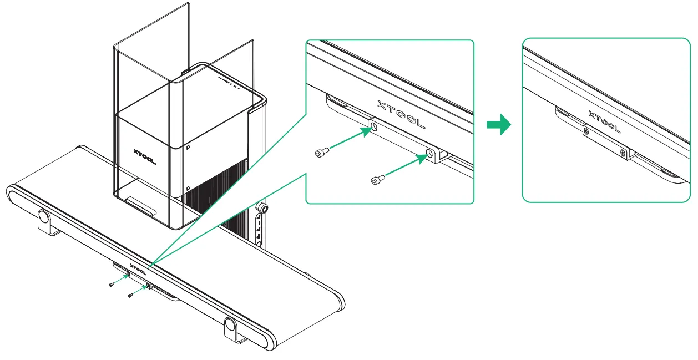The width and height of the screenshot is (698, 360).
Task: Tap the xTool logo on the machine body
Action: tap(145, 155)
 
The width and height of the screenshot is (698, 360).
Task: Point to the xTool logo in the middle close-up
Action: tap(401, 114)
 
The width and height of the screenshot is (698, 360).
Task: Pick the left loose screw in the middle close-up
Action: tap(321, 153)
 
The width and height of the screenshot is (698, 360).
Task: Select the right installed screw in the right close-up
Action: tap(623, 151)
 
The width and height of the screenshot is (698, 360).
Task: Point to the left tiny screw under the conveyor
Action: tap(112, 285)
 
